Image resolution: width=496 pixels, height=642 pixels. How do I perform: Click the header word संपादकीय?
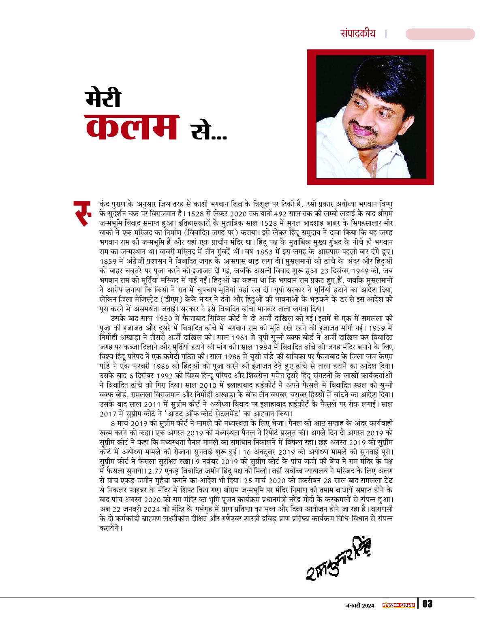coord(358,34)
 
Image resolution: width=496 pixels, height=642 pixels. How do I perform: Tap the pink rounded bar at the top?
coord(440,34)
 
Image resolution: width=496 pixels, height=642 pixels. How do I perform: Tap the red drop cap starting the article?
coord(83,211)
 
